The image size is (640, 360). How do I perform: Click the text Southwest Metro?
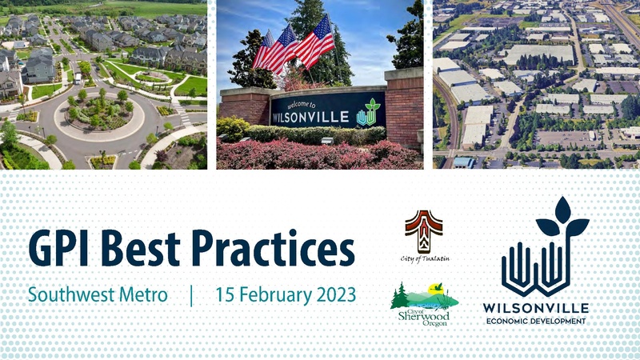coord(98,294)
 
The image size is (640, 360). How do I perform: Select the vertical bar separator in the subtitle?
coord(191,294)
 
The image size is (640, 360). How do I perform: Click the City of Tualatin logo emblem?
coord(422,230)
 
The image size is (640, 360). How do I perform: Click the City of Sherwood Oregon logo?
coord(423,305)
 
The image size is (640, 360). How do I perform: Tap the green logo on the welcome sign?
coord(369,112)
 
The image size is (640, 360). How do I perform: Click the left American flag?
coord(274,51)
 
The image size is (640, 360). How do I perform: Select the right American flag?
coord(315,41)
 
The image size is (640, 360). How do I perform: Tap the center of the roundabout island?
coord(99,113)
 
